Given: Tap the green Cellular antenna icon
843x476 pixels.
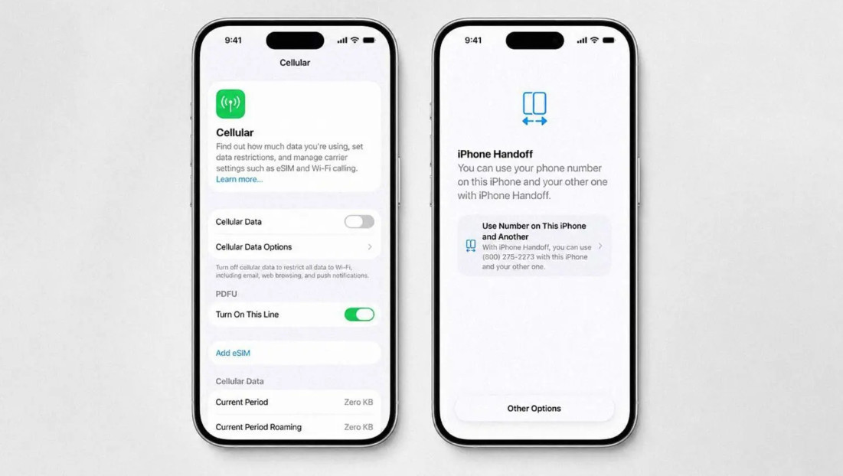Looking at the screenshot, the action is tap(230, 103).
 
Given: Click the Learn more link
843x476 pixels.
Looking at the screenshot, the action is tap(239, 179).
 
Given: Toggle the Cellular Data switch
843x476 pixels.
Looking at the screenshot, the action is tap(359, 221).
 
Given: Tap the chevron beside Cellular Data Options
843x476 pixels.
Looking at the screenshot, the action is tap(370, 246).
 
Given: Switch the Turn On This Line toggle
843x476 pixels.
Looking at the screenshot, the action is tap(359, 315).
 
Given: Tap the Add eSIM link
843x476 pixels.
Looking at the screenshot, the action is tap(233, 353).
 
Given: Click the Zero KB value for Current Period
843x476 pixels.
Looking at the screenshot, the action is tap(358, 402).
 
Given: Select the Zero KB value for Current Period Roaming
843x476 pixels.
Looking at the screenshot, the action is tap(358, 427).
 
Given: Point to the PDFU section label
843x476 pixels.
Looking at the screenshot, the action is tap(227, 294).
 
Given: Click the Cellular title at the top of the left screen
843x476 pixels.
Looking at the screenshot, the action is tap(295, 62).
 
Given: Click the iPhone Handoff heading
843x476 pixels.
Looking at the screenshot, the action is tap(495, 154).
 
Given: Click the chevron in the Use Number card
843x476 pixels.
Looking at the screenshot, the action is tap(600, 246).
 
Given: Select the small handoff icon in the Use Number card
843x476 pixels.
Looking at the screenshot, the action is tap(470, 246).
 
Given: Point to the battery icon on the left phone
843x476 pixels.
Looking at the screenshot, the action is tap(369, 41).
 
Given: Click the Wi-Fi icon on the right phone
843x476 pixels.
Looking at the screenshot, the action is tap(594, 40).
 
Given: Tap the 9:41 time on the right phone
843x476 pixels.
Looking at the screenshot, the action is tap(473, 41).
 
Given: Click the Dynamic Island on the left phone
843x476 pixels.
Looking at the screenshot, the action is tap(295, 41).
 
